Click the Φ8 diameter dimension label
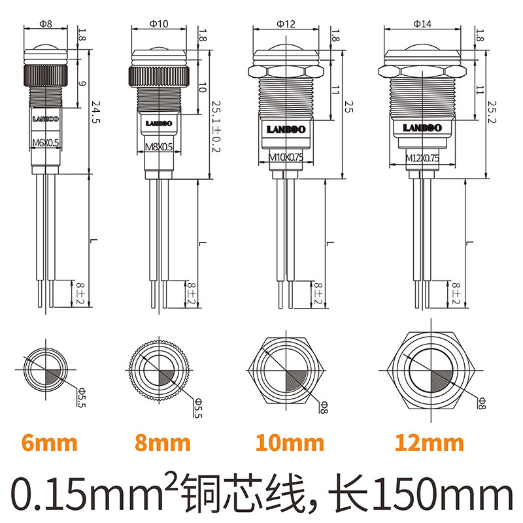[46, 24]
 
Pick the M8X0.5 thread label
[158, 148]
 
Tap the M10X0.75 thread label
[282, 157]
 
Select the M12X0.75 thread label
[422, 158]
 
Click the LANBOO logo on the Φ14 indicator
[422, 127]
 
